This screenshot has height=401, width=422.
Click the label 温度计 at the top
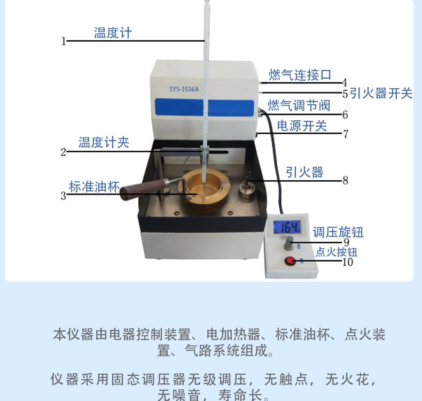click(113, 33)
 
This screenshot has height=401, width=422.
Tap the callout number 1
click(64, 42)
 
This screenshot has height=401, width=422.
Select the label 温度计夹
click(104, 142)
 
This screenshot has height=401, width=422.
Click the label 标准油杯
click(94, 187)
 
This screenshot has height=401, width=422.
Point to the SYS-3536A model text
click(184, 89)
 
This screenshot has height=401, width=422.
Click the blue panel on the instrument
click(204, 107)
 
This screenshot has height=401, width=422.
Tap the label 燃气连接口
click(300, 75)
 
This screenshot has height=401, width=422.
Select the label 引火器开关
click(381, 93)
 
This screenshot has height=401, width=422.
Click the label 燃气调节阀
click(299, 105)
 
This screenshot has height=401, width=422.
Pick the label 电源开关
click(302, 126)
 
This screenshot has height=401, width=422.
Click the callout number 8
click(345, 180)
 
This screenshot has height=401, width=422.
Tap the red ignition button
click(290, 261)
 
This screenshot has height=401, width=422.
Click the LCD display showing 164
click(287, 227)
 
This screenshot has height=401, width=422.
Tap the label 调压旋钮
click(338, 232)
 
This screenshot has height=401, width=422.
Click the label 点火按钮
click(337, 252)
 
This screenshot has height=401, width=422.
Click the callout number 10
click(347, 262)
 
